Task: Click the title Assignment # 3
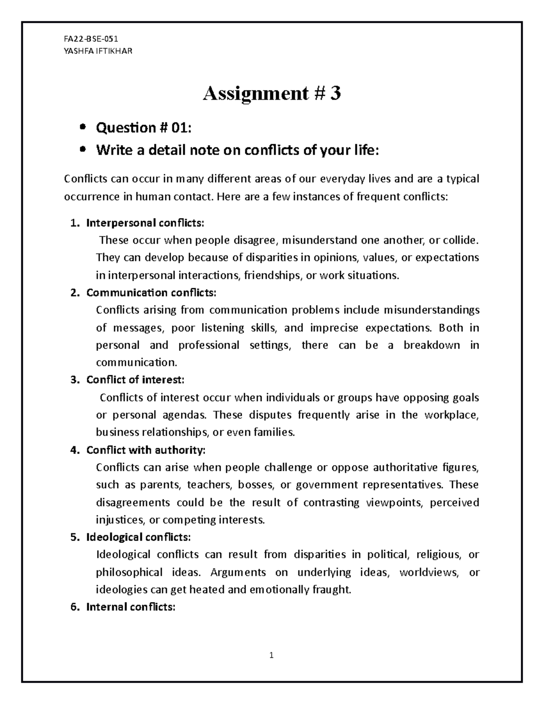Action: (x=272, y=94)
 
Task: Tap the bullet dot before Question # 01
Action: (x=83, y=128)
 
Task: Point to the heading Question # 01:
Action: (x=144, y=128)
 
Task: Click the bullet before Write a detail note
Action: (x=83, y=151)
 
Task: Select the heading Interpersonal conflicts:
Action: (x=145, y=223)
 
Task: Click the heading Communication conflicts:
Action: (x=151, y=293)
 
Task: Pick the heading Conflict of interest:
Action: (x=135, y=380)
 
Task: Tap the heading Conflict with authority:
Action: (x=146, y=450)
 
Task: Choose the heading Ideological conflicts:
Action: (x=138, y=537)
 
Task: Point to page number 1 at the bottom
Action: (x=271, y=655)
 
